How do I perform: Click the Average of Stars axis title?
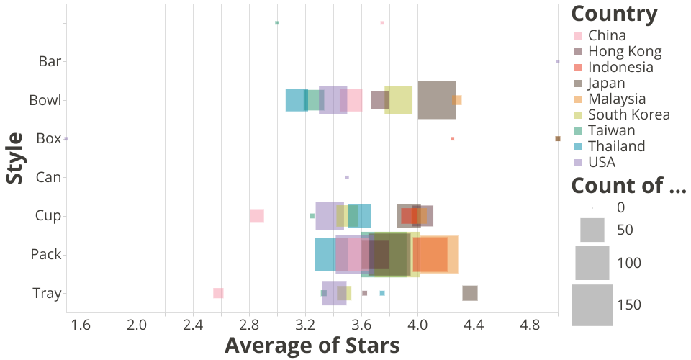point(312,346)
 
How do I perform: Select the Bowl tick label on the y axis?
point(45,100)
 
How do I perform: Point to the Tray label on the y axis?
point(47,293)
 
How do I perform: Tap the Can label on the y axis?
point(49,177)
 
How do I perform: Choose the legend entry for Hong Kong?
point(624,51)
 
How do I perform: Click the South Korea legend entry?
point(628,114)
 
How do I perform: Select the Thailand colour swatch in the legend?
point(577,146)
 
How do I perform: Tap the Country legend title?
point(614,14)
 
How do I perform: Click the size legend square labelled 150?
point(592,305)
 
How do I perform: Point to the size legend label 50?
point(625,230)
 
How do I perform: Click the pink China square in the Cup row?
point(257,216)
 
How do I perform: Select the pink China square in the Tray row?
point(218,293)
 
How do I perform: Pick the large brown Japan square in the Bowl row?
point(436,100)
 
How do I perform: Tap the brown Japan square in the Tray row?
point(470,293)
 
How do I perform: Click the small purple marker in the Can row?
point(347,177)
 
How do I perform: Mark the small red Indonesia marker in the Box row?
point(452,138)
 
